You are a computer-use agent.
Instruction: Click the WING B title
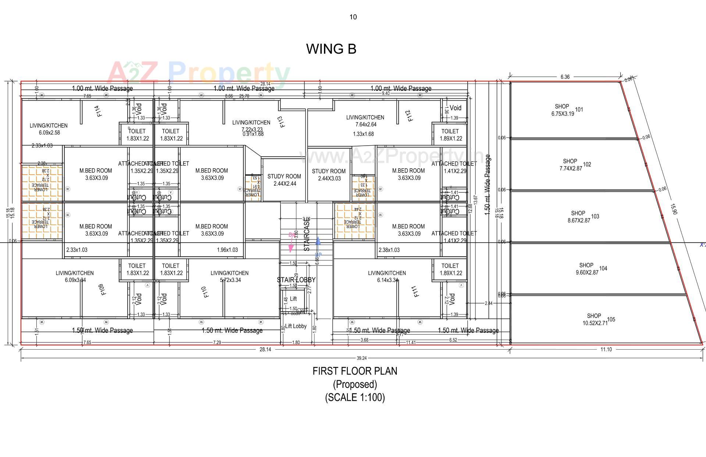[x=331, y=49]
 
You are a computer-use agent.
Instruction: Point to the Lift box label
[x=293, y=299]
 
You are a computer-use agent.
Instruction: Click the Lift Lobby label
[x=296, y=326]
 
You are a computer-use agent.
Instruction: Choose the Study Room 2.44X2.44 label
[x=284, y=180]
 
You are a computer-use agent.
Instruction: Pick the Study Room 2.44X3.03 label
[x=329, y=175]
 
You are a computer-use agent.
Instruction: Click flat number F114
[x=98, y=111]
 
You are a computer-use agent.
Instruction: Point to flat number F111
[x=416, y=291]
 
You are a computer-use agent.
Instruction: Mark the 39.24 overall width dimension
[x=361, y=358]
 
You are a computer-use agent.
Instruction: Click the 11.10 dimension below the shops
[x=606, y=350]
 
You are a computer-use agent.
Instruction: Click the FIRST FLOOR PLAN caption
[x=355, y=371]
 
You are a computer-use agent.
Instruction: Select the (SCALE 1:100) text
[x=355, y=397]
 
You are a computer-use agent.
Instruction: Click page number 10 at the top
[x=353, y=17]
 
